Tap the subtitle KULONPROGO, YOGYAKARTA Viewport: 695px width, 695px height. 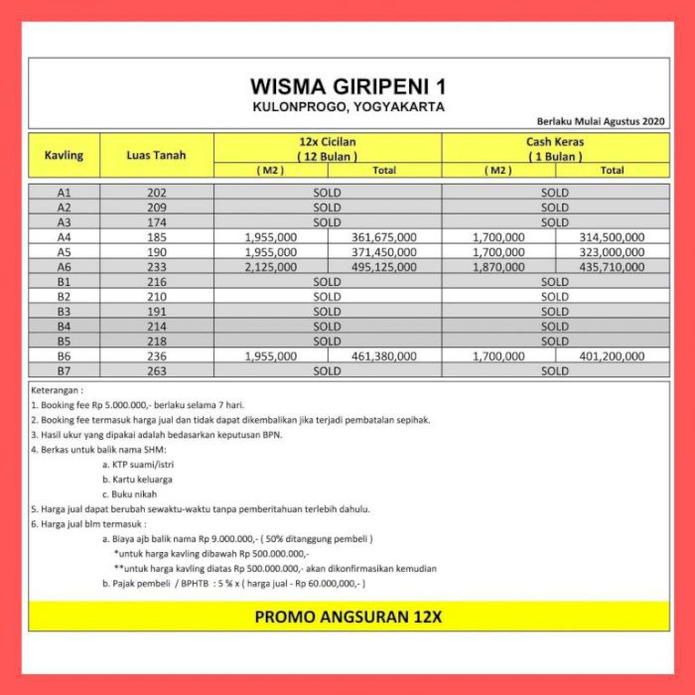pos(347,105)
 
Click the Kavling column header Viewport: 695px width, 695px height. pos(64,155)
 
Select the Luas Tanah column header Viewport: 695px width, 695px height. pos(156,155)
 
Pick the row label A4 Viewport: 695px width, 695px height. pos(64,237)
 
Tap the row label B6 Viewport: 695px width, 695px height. pos(64,355)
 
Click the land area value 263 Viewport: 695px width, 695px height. pos(156,370)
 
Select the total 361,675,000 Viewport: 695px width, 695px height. pos(384,237)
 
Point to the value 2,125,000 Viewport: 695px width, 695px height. pos(270,267)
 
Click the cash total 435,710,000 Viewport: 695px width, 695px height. pos(611,267)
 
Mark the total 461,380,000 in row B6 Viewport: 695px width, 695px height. pos(384,355)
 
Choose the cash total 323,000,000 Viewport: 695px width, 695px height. pos(611,252)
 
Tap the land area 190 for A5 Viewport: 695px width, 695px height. pos(156,252)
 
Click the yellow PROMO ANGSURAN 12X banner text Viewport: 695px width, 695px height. pos(347,617)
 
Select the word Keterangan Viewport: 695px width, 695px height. pos(57,390)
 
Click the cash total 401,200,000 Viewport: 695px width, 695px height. pos(611,355)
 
